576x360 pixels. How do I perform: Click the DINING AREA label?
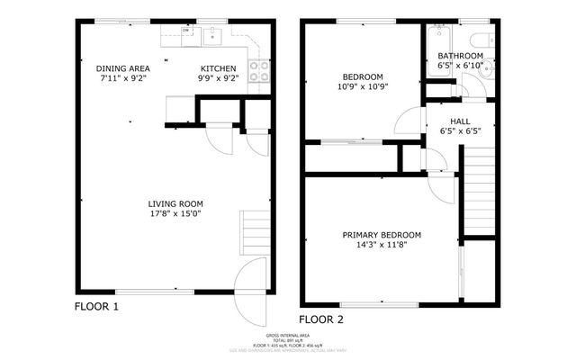[123, 68]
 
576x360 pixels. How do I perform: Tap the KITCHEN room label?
[219, 68]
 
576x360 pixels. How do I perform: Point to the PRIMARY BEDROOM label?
[382, 235]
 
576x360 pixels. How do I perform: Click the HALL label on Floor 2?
[454, 121]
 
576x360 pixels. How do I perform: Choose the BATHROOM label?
[460, 56]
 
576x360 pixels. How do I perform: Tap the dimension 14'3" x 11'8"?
[382, 245]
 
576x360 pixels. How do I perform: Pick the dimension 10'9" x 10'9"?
[363, 87]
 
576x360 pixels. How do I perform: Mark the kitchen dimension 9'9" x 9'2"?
[219, 78]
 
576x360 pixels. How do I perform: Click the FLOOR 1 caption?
[95, 307]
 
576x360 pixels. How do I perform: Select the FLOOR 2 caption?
[321, 319]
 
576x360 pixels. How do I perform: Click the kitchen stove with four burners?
[258, 70]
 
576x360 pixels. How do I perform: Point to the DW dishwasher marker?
[186, 31]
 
